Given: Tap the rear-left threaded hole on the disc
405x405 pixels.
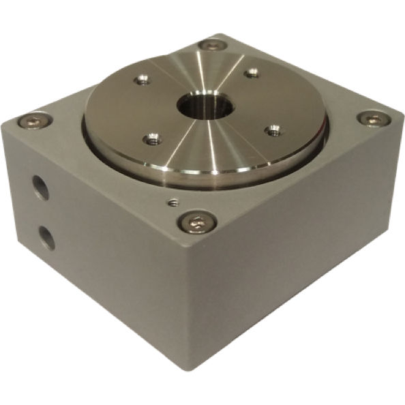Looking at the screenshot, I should (143, 80).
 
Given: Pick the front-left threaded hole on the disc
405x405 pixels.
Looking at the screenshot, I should (151, 140).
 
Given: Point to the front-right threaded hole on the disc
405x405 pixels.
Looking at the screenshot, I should (273, 129).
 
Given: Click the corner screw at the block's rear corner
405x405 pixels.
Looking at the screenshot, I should (213, 45).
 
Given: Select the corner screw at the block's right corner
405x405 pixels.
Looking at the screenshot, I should (370, 118).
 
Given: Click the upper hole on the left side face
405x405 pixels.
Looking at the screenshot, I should (40, 187).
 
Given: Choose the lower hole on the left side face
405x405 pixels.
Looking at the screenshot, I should (46, 237).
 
